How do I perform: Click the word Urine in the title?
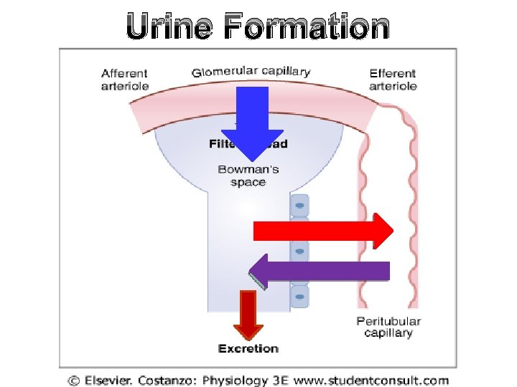(169, 27)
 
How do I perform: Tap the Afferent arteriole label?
(125, 80)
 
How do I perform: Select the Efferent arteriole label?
(393, 80)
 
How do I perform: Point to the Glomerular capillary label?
(251, 71)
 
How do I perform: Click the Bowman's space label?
(248, 176)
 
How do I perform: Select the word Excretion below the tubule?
(248, 349)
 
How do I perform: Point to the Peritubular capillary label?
(388, 327)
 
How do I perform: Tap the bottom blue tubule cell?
(299, 296)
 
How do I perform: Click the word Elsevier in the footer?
(111, 381)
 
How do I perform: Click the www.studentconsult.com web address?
(372, 381)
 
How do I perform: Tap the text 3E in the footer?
(280, 381)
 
